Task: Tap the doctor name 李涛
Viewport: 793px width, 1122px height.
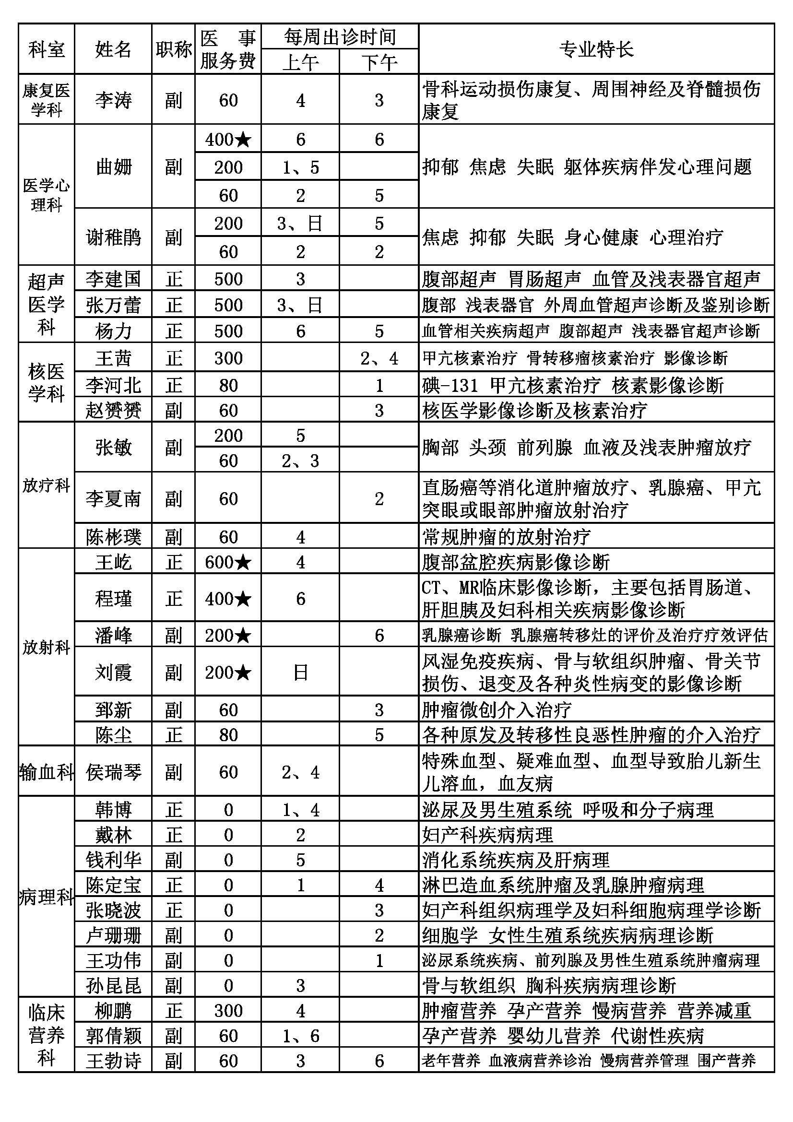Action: tap(113, 100)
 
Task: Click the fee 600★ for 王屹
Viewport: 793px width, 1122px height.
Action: tap(228, 562)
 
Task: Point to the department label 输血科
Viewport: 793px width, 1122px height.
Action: tap(47, 772)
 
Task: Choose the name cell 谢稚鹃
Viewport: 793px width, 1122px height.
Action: tap(113, 237)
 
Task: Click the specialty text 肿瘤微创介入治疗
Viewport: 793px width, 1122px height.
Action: tap(497, 710)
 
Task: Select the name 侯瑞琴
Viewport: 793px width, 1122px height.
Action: tap(113, 772)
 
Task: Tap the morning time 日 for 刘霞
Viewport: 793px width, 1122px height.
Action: tap(300, 673)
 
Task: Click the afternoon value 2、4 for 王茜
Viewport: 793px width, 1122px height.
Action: tap(379, 359)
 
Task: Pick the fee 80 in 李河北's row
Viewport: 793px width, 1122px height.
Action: tap(228, 386)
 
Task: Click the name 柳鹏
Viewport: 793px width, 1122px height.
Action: tap(113, 1011)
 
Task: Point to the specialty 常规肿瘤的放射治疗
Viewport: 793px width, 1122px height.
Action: tap(506, 537)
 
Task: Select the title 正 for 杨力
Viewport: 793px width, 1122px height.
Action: tap(174, 331)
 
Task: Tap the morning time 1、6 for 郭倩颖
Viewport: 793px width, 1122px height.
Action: tap(300, 1036)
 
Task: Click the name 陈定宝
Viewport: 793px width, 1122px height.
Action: tap(113, 885)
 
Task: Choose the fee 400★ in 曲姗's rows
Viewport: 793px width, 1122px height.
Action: tap(228, 140)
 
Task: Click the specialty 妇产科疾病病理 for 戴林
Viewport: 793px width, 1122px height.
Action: tap(487, 835)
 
